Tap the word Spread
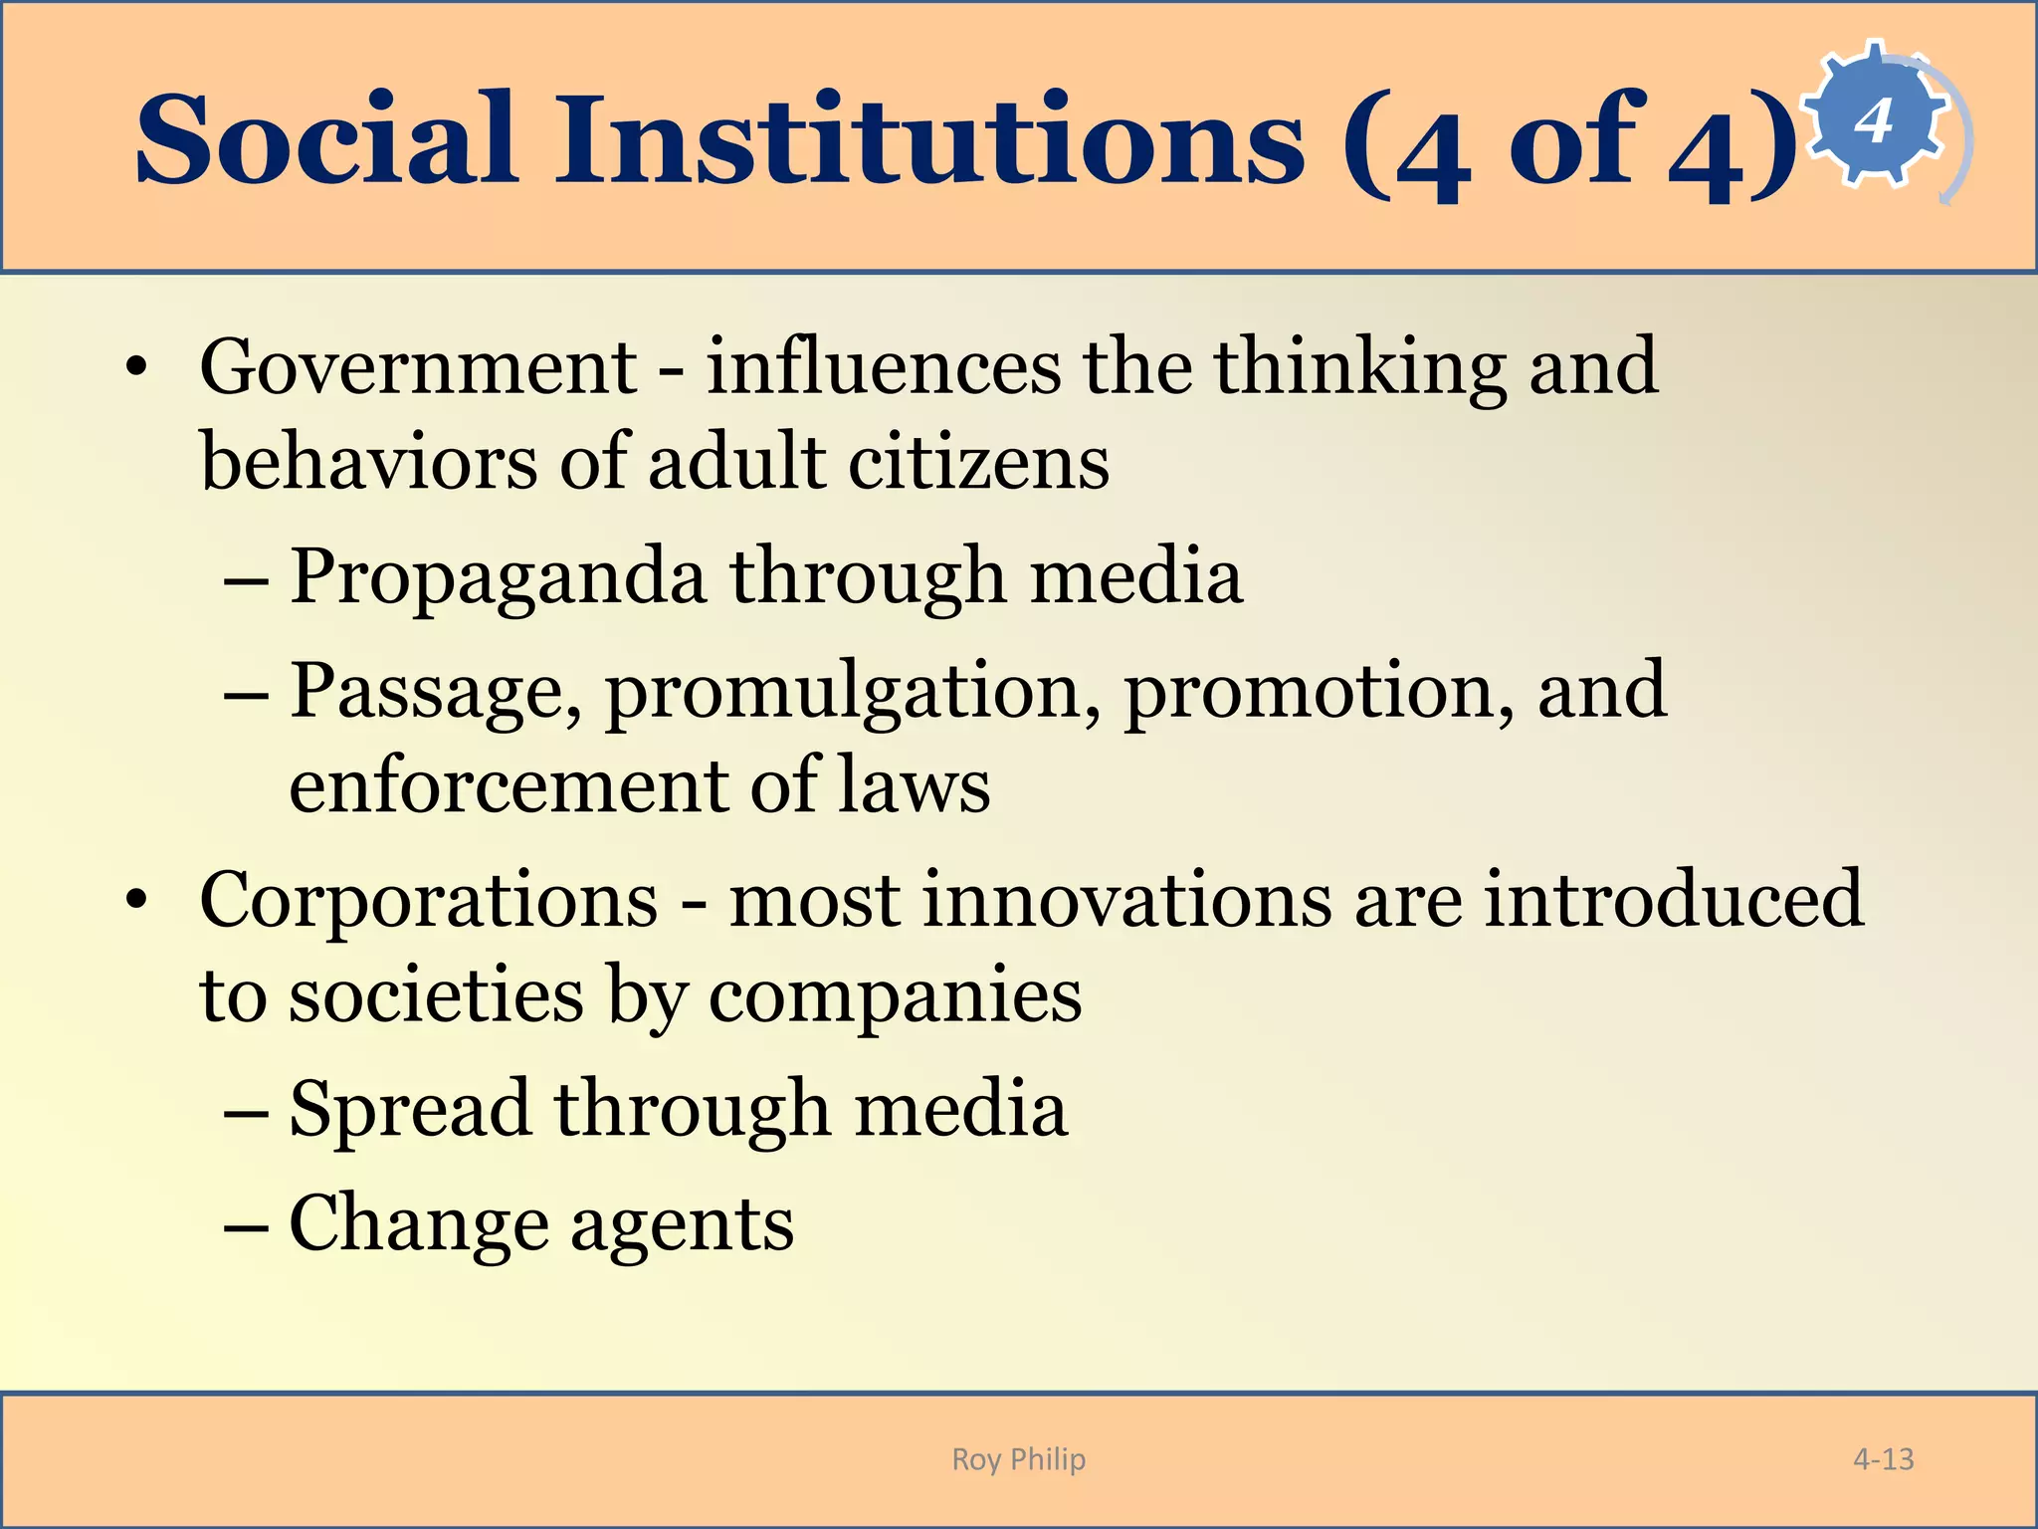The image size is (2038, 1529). click(x=410, y=1109)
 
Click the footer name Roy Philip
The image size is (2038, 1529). click(x=1018, y=1459)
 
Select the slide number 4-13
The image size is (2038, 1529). click(x=1883, y=1459)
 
